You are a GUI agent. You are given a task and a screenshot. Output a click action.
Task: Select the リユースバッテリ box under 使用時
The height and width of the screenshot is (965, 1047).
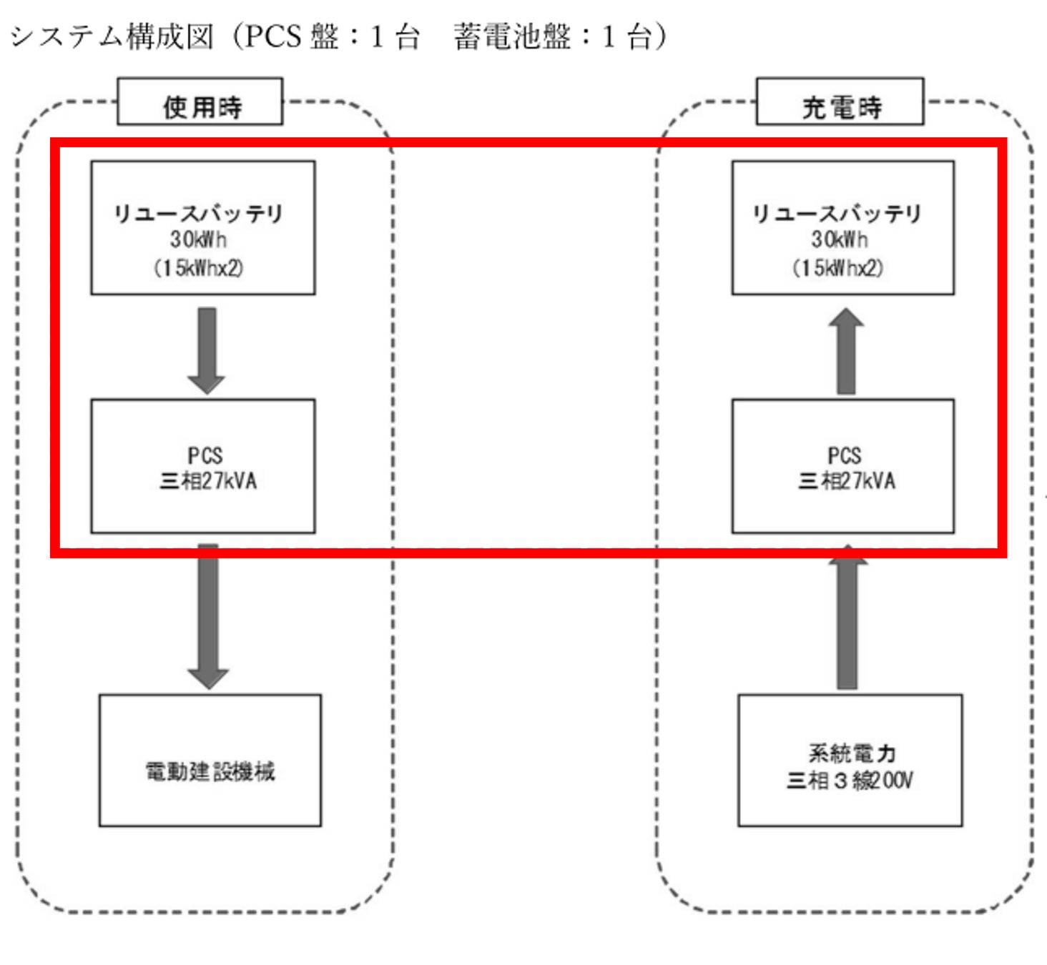(202, 227)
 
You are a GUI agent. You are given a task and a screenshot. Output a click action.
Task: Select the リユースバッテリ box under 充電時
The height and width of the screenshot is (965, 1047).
(842, 227)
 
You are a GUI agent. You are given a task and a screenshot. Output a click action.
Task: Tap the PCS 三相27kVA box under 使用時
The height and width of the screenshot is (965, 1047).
(202, 466)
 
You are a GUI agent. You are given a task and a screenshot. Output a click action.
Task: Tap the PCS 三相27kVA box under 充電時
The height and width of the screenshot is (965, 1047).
(842, 466)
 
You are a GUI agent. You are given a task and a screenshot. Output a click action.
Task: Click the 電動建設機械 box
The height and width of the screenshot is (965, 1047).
(210, 760)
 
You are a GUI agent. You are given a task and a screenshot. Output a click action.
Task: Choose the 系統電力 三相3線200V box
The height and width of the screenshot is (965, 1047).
(850, 760)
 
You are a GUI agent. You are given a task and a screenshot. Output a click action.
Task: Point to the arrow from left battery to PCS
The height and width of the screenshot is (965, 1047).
(207, 350)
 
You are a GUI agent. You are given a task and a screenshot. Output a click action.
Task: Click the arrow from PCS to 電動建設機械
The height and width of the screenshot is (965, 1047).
(207, 615)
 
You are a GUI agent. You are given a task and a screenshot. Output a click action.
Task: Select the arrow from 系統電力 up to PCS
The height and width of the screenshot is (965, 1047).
(847, 618)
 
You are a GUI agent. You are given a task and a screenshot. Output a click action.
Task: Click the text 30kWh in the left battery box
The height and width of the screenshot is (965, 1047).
(198, 239)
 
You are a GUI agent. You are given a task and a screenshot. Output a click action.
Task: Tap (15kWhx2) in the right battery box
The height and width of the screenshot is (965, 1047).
(837, 268)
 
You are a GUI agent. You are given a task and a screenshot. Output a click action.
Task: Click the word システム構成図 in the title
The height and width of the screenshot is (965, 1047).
(112, 36)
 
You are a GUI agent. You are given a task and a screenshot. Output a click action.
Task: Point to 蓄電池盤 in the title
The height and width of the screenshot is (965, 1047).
(511, 36)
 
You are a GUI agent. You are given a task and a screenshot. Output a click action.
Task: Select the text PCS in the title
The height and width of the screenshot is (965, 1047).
(272, 36)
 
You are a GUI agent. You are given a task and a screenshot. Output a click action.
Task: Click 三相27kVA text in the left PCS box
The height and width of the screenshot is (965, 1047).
(207, 481)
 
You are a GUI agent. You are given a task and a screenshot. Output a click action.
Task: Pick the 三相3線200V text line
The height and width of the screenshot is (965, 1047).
(850, 780)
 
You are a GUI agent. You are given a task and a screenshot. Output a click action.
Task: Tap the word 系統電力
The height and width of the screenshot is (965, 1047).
(851, 753)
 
